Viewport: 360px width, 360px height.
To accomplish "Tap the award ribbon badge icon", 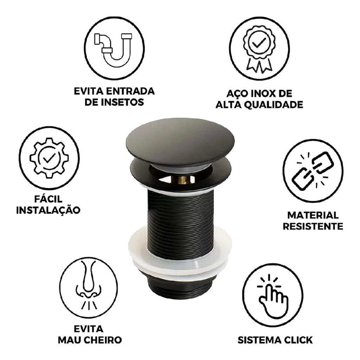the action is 259,48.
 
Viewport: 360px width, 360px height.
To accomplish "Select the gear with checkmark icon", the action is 49,158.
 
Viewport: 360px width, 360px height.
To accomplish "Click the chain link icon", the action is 313,171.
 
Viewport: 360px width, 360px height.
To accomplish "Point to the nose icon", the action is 89,285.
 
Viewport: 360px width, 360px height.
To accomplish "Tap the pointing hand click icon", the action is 273,296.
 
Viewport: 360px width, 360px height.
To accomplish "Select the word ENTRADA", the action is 131,91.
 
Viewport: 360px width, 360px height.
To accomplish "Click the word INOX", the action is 264,94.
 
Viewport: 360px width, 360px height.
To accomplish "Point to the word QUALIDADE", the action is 273,105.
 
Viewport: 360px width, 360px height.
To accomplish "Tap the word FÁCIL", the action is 48,198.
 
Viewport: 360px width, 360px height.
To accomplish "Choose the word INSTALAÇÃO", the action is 48,210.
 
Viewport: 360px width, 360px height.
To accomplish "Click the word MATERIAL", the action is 313,216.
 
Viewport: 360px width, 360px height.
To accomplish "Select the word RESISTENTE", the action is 313,226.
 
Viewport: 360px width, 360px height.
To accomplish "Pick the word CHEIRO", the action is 104,340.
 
